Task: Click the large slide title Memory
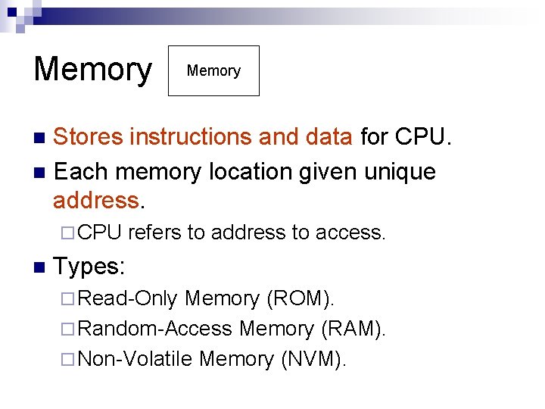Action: coord(92,70)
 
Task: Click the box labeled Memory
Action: coord(213,70)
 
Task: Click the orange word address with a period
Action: coord(98,201)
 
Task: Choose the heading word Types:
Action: coord(89,267)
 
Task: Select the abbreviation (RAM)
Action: coord(353,329)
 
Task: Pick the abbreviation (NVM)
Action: coord(313,359)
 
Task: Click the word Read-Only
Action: coord(128,299)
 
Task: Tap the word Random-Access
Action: coord(155,329)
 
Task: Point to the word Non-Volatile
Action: coord(135,359)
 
